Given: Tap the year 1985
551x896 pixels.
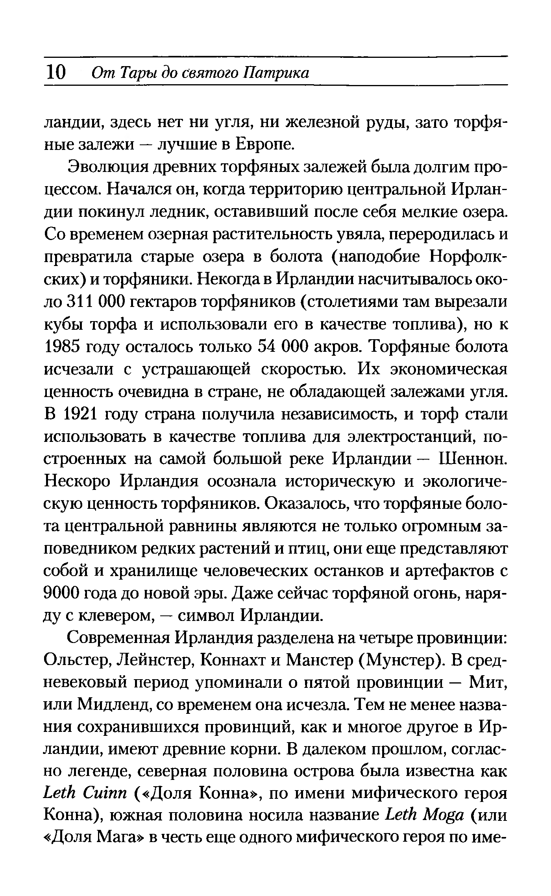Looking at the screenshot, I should point(63,347).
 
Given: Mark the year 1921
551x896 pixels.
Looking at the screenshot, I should point(85,415).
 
